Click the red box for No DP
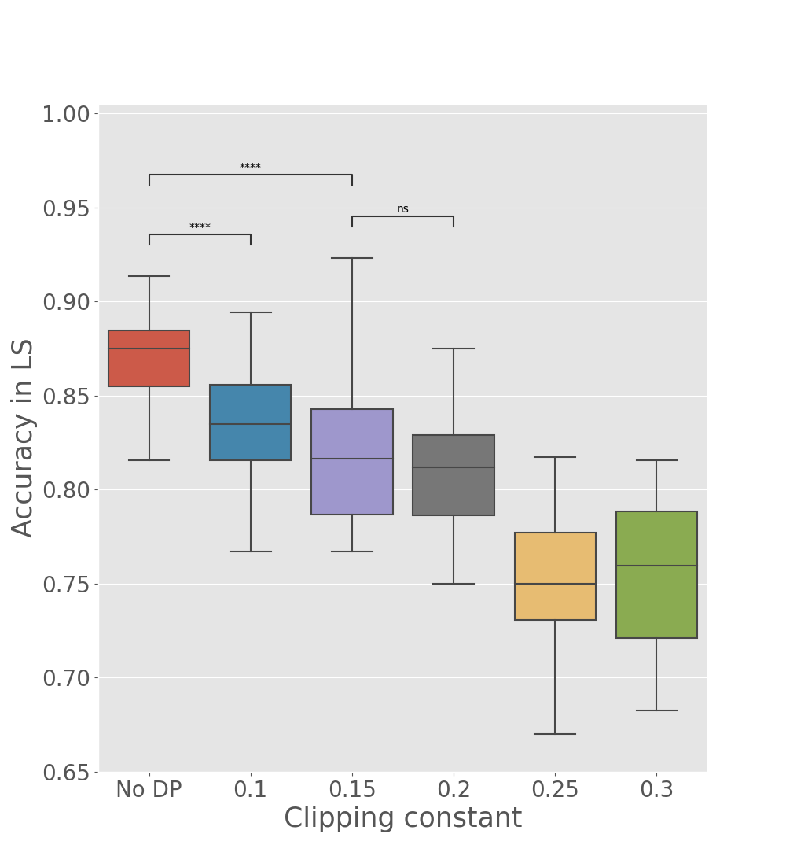[149, 359]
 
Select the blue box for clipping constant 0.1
[250, 422]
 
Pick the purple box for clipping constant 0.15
[351, 462]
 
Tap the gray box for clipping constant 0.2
[454, 475]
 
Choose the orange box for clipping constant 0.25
[555, 576]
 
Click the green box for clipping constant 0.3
[656, 574]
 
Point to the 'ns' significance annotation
[402, 209]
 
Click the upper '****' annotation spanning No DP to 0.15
[250, 168]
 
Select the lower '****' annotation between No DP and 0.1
[200, 227]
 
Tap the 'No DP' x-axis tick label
[149, 790]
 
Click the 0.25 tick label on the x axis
[555, 790]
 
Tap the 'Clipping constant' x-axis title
[402, 819]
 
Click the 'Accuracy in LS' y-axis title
[24, 437]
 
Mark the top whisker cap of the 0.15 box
[351, 258]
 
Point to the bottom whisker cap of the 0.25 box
[555, 734]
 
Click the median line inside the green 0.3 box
[656, 566]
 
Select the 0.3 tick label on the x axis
[656, 790]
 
